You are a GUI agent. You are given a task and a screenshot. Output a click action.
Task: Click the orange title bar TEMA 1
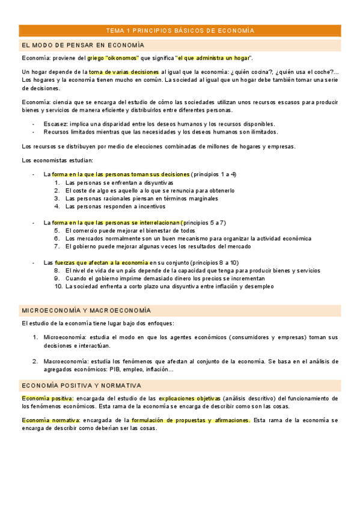tap(180, 30)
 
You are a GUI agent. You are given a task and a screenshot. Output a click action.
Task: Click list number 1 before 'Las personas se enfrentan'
tap(57, 182)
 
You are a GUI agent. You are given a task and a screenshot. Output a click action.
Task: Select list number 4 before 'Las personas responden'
tap(57, 206)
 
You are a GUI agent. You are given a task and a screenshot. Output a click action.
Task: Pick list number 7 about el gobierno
tap(57, 246)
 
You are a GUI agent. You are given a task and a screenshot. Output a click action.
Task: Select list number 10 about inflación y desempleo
tap(58, 286)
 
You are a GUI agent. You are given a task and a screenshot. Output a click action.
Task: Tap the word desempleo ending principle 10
tap(257, 286)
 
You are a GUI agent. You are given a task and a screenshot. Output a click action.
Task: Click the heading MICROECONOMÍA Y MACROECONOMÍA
tap(86, 310)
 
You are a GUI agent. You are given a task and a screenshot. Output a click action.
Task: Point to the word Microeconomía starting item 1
tap(63, 337)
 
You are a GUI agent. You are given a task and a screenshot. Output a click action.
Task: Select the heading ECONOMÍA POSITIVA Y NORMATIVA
tap(81, 386)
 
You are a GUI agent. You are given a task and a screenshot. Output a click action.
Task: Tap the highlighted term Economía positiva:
tap(47, 398)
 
